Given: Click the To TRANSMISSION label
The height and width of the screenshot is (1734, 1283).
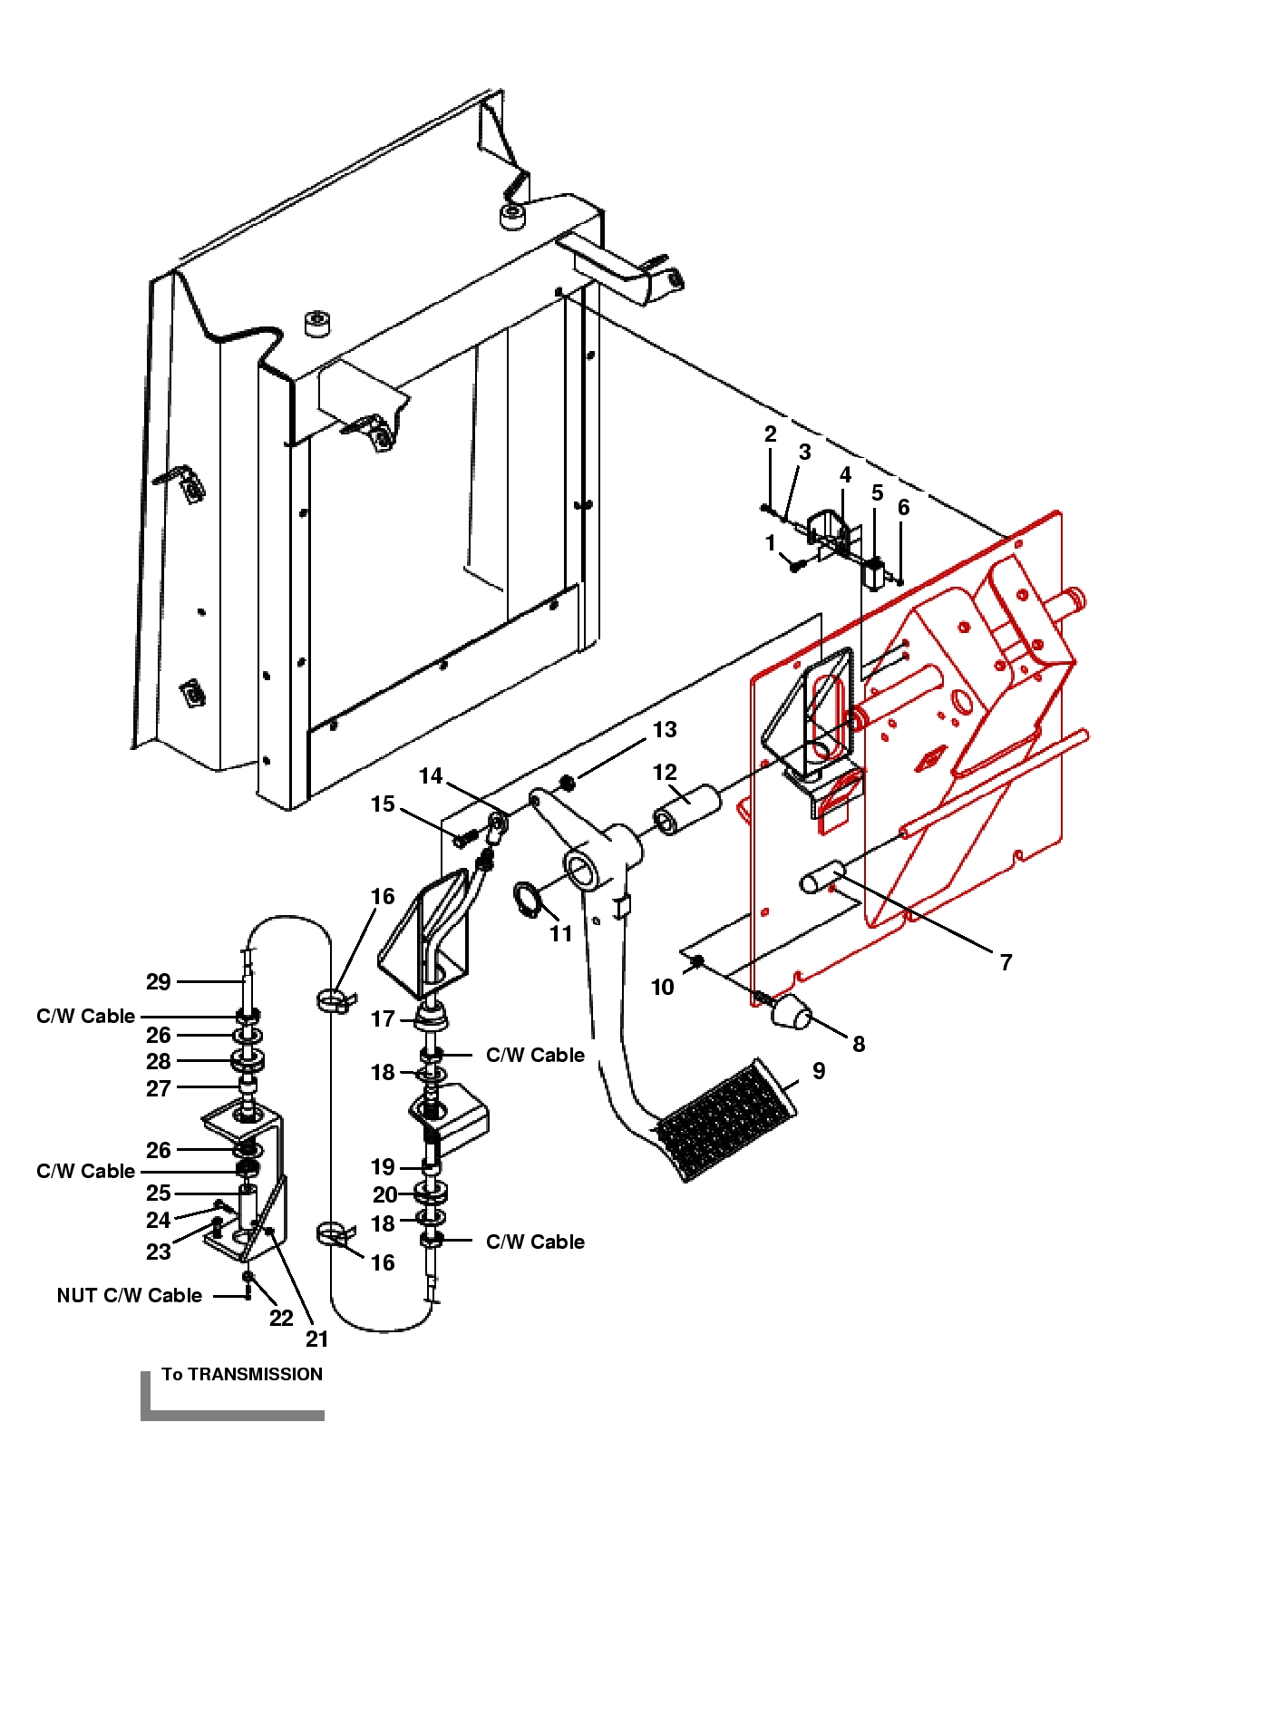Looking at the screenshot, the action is [242, 1374].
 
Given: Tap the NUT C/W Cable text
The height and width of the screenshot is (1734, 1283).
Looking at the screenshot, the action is [130, 1295].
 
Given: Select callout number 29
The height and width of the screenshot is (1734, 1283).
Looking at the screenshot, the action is [159, 981].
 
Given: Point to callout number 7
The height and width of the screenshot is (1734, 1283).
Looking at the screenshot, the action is [1006, 962].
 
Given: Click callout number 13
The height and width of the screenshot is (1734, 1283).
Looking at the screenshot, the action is [665, 729].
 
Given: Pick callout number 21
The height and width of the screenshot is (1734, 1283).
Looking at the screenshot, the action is [316, 1339].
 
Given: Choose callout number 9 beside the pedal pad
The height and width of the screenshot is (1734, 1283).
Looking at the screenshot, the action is [819, 1071].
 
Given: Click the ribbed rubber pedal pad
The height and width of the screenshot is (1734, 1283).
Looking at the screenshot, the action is [725, 1118].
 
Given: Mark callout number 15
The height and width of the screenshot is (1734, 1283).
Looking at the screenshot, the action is [383, 804].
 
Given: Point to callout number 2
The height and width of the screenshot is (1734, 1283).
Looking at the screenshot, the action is [770, 433].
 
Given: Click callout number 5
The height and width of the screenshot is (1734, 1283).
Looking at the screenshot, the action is [877, 492].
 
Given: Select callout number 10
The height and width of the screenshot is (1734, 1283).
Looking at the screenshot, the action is [663, 987].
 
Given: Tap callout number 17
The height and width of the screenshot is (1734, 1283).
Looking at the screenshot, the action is [383, 1018].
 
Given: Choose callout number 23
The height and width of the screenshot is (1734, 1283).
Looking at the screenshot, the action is [159, 1252].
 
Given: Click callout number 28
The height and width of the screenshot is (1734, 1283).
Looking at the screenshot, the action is [159, 1061].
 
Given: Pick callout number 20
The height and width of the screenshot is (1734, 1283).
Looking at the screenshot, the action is [385, 1194].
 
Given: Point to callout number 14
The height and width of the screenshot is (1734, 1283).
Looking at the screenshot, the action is [431, 775].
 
